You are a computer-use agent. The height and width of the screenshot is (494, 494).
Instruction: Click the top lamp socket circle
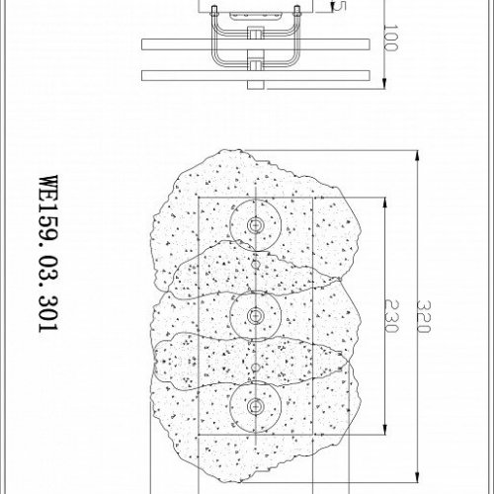pos(256,225)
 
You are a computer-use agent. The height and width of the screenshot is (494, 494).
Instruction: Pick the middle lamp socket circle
pos(256,315)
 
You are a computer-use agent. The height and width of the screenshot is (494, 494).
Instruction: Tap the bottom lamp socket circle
pos(256,406)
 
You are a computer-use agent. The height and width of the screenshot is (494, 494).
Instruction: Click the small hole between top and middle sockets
pos(256,265)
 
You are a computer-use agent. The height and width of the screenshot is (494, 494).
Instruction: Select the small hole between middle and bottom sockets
pos(256,367)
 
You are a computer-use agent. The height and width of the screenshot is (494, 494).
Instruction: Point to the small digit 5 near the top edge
pos(341,5)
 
